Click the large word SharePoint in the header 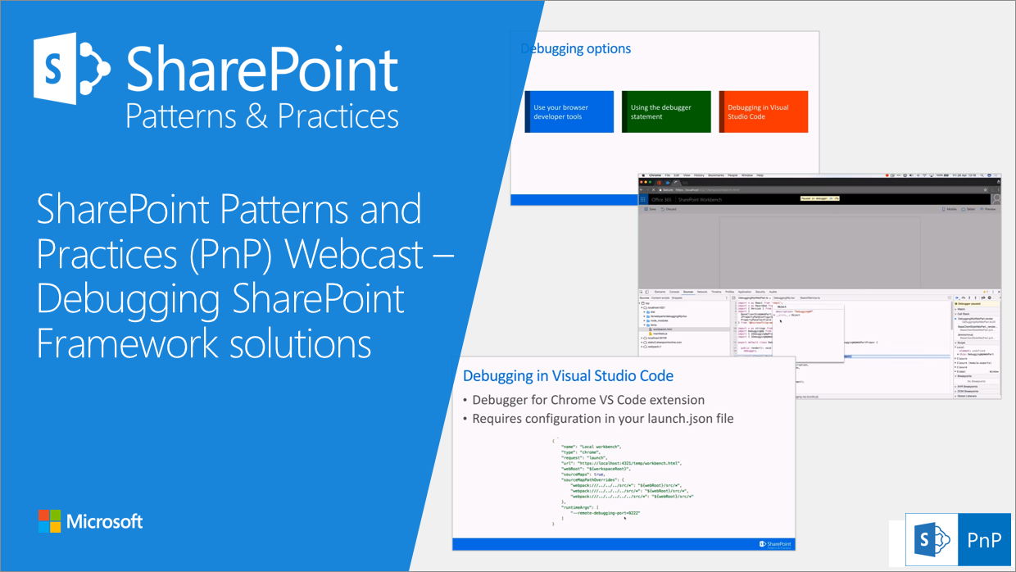pos(262,69)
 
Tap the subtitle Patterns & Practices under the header pos(262,116)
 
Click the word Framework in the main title pos(123,343)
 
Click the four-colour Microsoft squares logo pos(50,521)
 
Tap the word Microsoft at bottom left pos(105,521)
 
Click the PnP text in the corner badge pos(983,541)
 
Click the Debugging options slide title pos(576,48)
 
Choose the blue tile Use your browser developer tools pos(569,111)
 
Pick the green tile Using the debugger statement pos(665,111)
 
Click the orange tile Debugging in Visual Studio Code pos(763,111)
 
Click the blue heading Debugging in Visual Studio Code pos(568,375)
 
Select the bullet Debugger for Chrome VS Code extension pos(587,400)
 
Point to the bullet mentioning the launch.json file pos(602,419)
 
